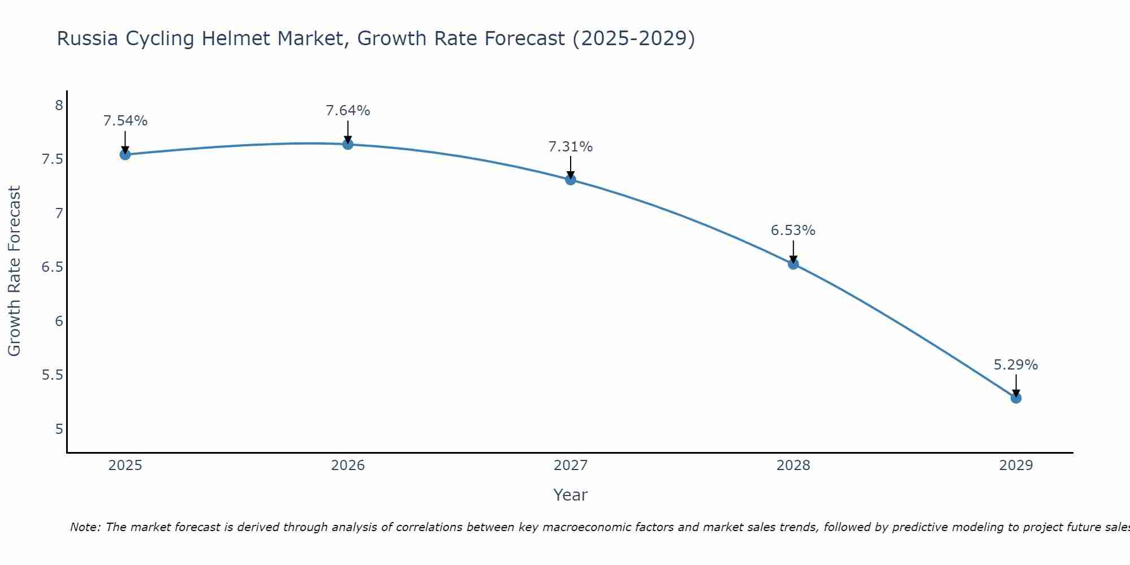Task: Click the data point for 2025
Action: [125, 155]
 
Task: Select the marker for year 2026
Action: [348, 144]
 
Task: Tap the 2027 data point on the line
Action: [571, 180]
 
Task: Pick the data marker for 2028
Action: [793, 264]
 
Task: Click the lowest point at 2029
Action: [1016, 398]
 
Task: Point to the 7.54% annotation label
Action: [125, 121]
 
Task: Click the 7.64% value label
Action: [348, 111]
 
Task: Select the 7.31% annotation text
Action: [571, 147]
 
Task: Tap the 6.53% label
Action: [793, 231]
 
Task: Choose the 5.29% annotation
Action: [1016, 365]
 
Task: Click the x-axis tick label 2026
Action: [348, 466]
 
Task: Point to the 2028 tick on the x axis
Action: [793, 466]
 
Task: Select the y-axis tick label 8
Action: [59, 106]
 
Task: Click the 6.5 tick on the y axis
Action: [52, 267]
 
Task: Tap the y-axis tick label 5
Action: [59, 429]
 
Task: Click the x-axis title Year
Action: [571, 495]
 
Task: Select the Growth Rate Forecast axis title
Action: [15, 271]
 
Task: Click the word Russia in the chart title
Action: [88, 39]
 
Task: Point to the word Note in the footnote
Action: [85, 527]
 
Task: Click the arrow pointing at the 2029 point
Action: [1016, 385]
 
